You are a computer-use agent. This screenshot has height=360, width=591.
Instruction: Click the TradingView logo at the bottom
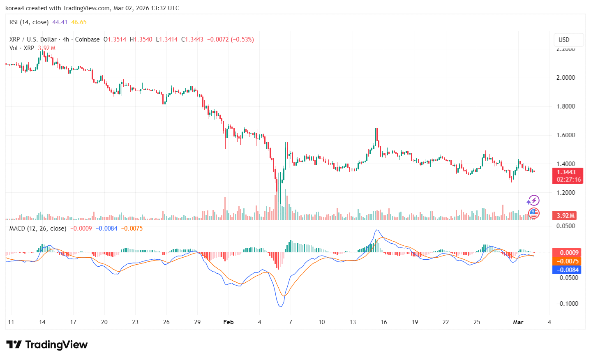(x=47, y=344)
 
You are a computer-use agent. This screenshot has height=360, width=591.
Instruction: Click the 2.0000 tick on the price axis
(x=566, y=78)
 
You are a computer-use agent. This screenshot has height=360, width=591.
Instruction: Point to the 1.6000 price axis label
(x=566, y=135)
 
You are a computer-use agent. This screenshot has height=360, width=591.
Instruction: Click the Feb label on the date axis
(x=228, y=322)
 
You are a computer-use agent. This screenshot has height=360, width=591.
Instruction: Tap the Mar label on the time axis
(x=518, y=322)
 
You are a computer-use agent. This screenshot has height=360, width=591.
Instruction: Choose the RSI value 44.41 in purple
(x=60, y=22)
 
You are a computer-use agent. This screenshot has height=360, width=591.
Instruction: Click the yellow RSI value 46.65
(x=79, y=22)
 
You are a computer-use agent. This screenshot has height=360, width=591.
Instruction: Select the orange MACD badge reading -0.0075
(x=567, y=261)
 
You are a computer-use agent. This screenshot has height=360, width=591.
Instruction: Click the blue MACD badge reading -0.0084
(x=567, y=270)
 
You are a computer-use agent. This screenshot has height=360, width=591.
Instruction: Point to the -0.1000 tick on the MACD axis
(x=567, y=304)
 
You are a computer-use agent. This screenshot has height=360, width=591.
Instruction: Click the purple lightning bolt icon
(x=533, y=201)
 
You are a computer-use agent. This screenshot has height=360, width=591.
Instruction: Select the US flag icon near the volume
(x=533, y=213)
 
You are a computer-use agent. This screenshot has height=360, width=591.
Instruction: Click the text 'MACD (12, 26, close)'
(x=38, y=228)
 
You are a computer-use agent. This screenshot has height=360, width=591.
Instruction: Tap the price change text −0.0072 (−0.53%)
(x=230, y=39)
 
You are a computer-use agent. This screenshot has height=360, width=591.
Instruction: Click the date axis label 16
(x=383, y=322)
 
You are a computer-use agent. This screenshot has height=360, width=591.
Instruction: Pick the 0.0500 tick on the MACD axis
(x=566, y=226)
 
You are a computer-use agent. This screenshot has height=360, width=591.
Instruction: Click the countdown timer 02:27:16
(x=569, y=180)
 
